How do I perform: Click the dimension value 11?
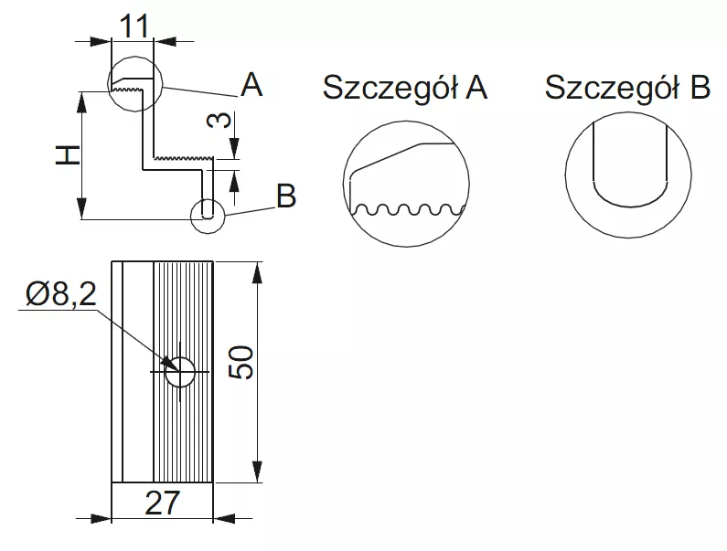pos(134,26)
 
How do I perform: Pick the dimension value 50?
pos(241,363)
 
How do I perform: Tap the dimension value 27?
pos(162,502)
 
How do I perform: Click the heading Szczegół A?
pos(404,88)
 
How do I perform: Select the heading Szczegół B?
pos(627,88)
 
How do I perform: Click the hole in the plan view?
pos(181,371)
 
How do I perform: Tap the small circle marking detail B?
pos(208,213)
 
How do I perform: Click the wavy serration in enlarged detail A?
pos(407,211)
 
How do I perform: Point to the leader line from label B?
pos(248,208)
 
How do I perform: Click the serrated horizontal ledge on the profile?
pos(183,159)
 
